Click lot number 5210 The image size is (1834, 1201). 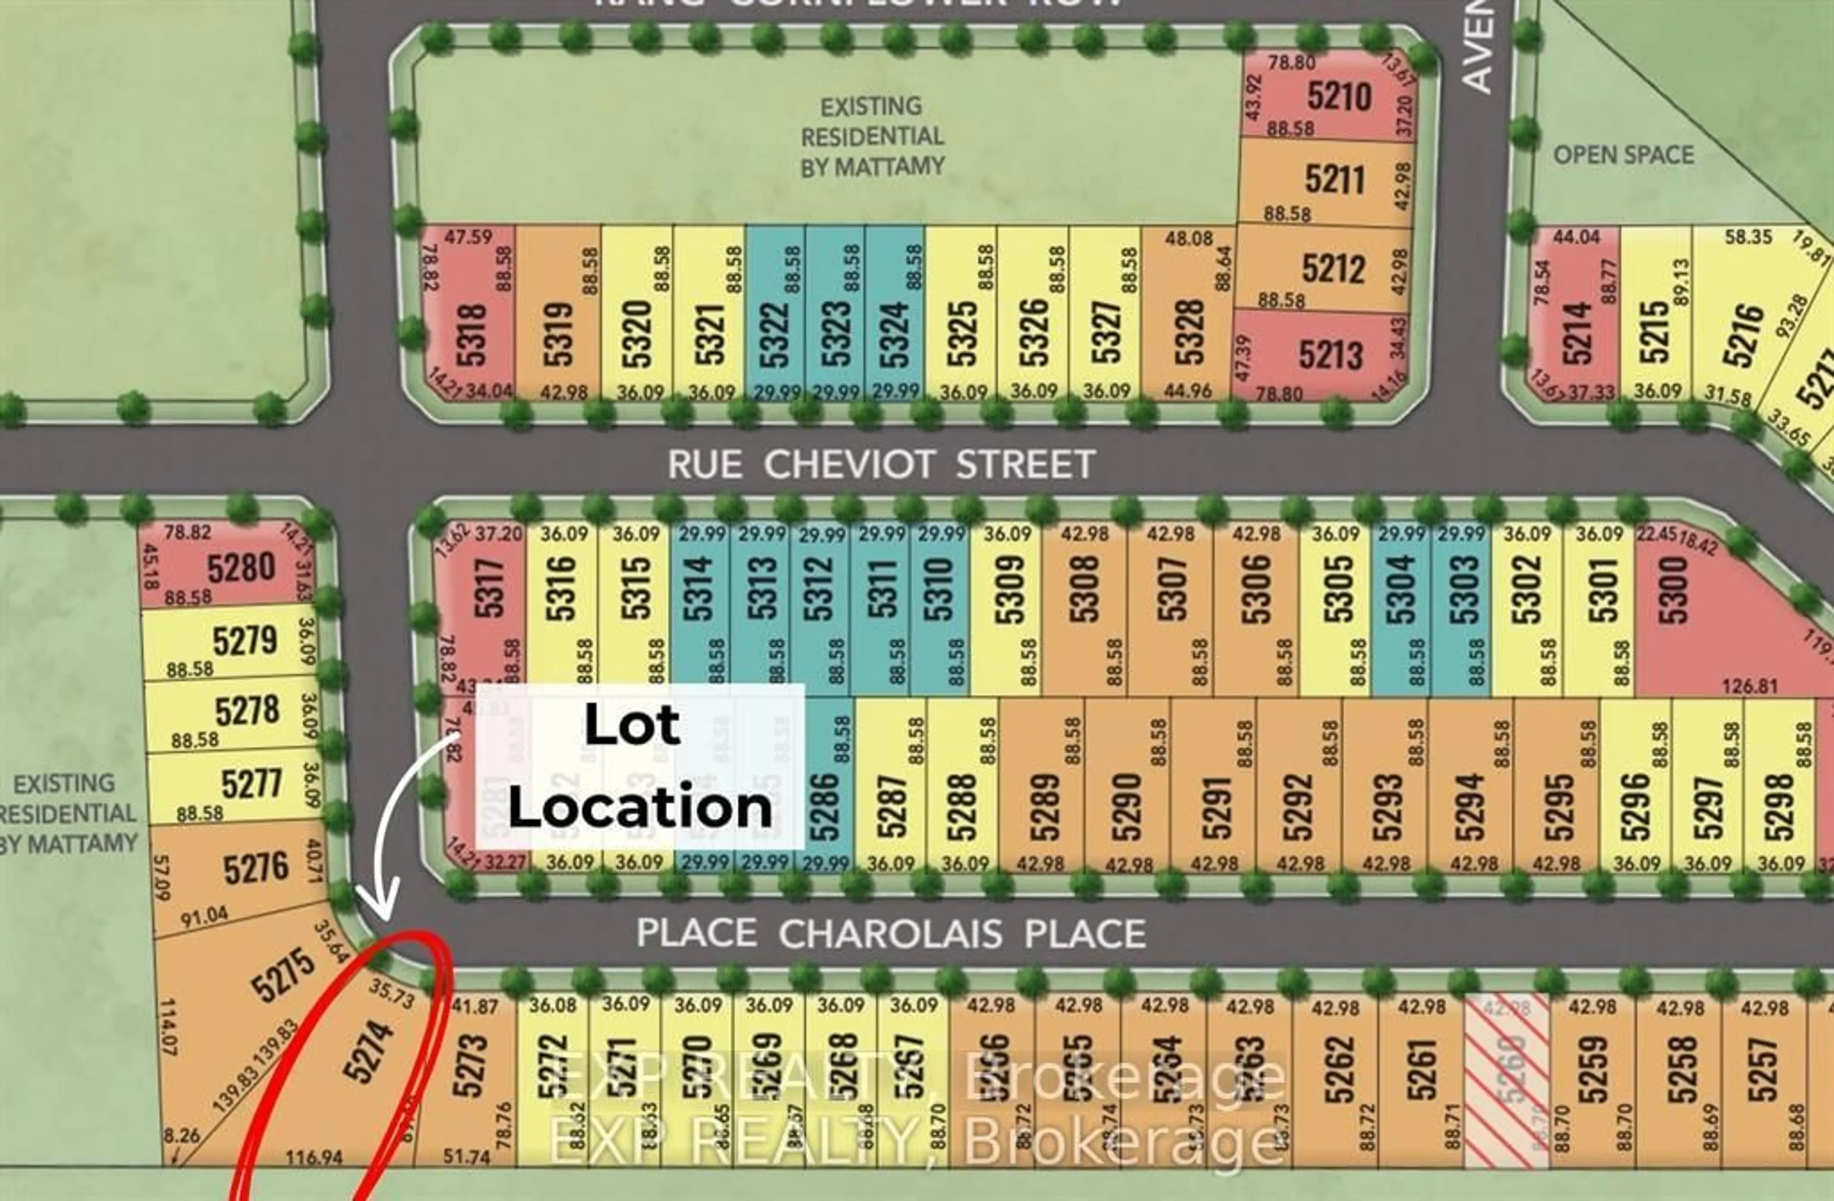1339,97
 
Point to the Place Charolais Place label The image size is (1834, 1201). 891,933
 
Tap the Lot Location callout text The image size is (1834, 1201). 639,766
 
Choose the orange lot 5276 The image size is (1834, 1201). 256,868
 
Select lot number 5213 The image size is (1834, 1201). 1330,355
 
